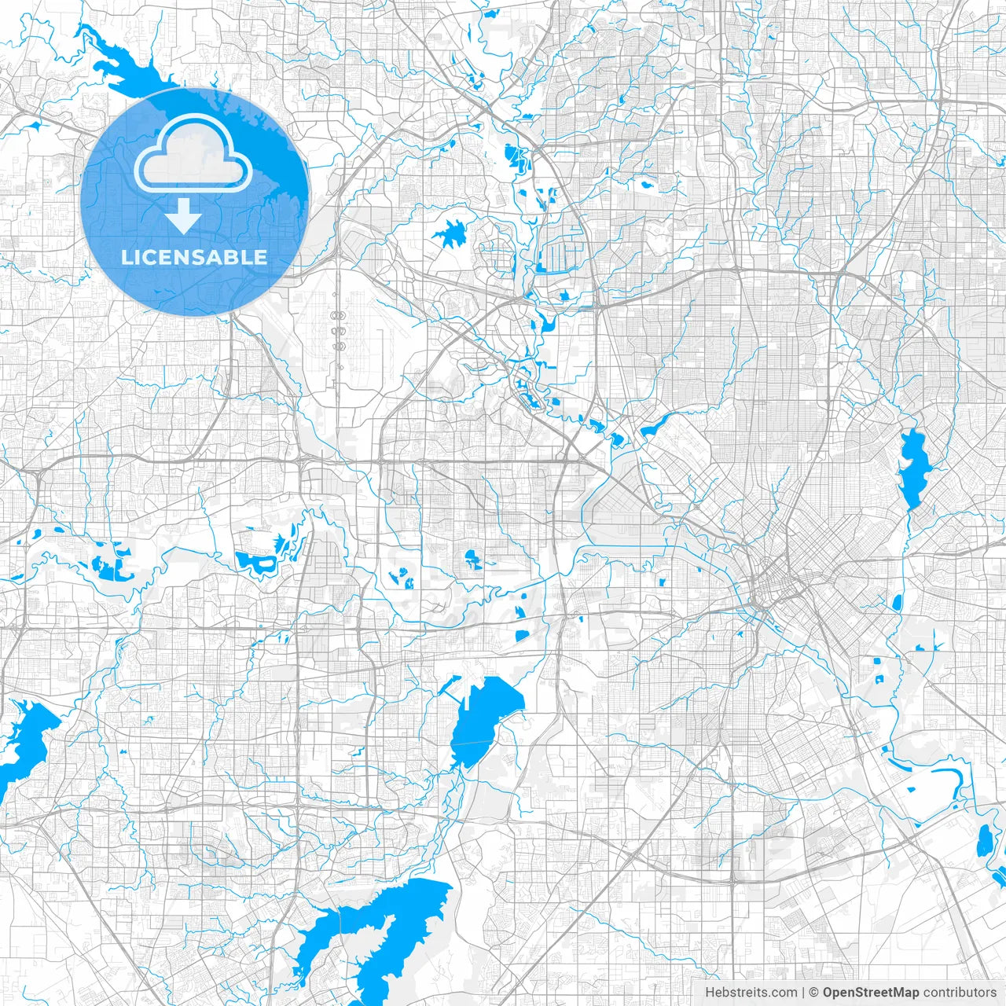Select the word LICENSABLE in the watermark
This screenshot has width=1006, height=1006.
point(193,257)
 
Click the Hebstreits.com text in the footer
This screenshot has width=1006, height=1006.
point(751,993)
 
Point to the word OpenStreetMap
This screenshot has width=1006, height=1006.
point(871,993)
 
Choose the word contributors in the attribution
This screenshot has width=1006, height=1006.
point(960,993)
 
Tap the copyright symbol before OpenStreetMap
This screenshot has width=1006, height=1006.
point(814,993)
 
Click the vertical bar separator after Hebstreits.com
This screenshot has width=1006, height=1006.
point(802,993)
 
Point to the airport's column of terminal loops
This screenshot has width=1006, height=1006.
point(339,330)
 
